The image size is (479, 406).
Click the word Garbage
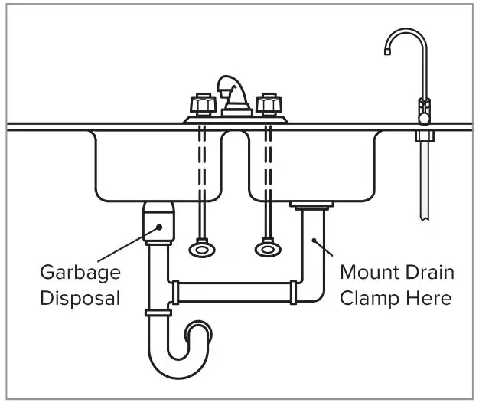point(80,273)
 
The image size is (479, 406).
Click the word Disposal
point(80,297)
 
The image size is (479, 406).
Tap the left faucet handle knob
point(201,103)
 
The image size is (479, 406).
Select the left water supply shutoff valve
point(201,249)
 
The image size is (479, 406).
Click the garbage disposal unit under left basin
point(158,222)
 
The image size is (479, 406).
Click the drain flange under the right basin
point(311,205)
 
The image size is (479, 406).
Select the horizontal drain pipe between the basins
point(233,291)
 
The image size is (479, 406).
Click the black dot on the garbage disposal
point(158,226)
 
